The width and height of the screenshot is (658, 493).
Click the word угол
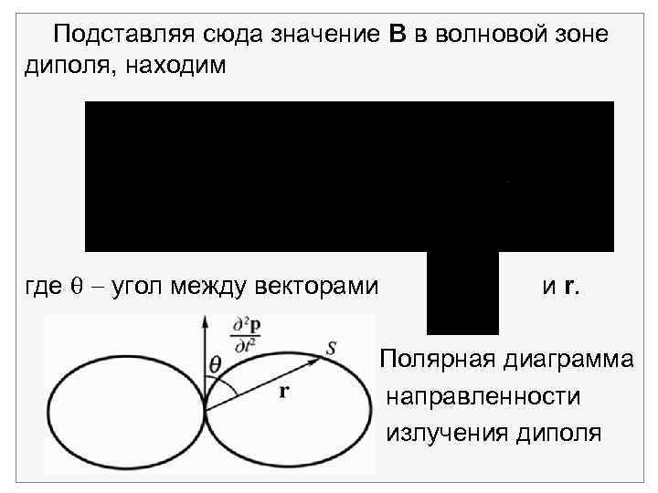(125, 287)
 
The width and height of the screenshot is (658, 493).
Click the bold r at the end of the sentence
(570, 287)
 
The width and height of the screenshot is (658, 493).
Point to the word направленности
(483, 395)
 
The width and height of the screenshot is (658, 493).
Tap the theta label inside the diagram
(216, 364)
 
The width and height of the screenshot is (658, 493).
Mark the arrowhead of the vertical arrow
(205, 320)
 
